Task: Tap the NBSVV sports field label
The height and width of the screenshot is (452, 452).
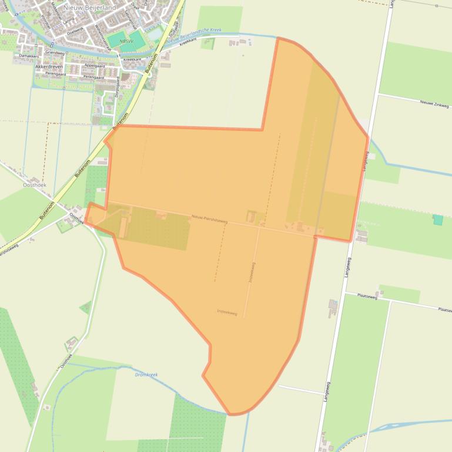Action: click(125, 41)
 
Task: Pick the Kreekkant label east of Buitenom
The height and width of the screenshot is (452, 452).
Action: click(187, 43)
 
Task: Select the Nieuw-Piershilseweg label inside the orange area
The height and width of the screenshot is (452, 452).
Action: click(208, 218)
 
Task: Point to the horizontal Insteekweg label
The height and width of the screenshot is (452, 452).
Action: click(227, 313)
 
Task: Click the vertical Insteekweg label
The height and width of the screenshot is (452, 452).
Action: click(251, 272)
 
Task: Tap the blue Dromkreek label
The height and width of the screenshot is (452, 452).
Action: click(146, 374)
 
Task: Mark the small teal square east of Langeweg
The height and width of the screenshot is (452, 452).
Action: click(438, 220)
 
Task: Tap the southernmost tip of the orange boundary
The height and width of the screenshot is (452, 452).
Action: click(232, 414)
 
